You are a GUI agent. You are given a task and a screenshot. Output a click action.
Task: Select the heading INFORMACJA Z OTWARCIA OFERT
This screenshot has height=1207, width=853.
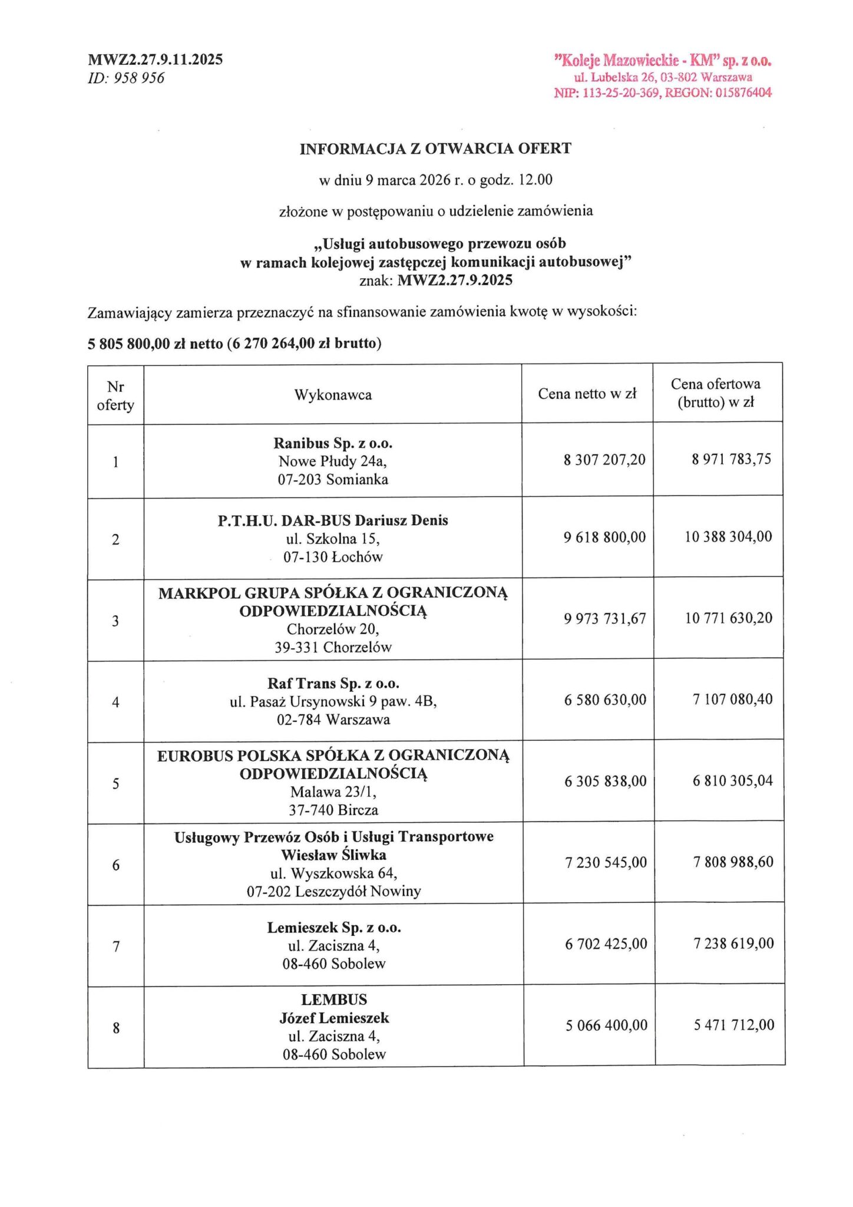[x=435, y=149]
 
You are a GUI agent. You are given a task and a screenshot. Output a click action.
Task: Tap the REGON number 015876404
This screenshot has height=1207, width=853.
[x=743, y=93]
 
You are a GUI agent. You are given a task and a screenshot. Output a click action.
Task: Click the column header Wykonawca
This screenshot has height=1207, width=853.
[x=333, y=395]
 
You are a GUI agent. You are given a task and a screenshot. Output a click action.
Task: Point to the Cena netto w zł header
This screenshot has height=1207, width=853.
[x=587, y=394]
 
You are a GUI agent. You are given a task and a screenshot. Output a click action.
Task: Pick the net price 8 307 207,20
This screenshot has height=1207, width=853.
[x=604, y=460]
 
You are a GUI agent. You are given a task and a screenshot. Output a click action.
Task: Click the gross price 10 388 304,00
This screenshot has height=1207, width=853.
[x=728, y=536]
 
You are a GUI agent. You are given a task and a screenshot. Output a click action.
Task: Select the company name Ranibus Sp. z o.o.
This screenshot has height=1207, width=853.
[x=333, y=443]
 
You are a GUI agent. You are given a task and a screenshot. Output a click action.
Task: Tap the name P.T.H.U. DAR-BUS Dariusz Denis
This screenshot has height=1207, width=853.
[x=333, y=520]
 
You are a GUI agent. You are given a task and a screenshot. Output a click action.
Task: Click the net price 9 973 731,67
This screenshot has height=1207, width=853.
[x=605, y=618]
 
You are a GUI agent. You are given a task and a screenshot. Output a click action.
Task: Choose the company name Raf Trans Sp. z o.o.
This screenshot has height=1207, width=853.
[x=333, y=684]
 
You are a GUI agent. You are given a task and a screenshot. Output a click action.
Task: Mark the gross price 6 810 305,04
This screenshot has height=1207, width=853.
[x=732, y=780]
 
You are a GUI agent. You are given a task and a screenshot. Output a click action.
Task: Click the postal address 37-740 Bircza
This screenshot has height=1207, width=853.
[x=333, y=810]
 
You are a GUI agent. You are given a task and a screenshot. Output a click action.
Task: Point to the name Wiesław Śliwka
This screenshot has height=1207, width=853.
[x=333, y=855]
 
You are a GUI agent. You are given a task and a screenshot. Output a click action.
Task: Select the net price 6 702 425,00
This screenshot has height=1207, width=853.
[x=606, y=944]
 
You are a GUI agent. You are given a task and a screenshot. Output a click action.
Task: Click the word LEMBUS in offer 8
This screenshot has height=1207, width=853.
[x=334, y=1000]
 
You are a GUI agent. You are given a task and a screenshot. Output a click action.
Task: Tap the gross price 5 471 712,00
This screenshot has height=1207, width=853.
[x=734, y=1025]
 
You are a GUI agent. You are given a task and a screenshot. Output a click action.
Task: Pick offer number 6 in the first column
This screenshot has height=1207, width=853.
[x=116, y=865]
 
